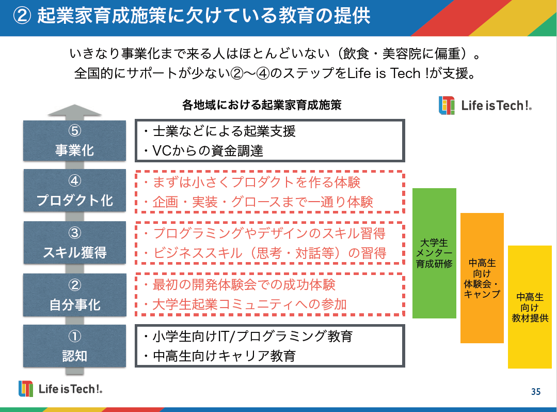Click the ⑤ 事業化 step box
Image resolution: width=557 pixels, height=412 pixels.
pos(74,140)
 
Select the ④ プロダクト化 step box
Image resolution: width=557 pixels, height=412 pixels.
pos(74,190)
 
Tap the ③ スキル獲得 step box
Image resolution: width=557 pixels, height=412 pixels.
pos(74,242)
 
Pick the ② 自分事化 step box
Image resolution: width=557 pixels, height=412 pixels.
pos(74,295)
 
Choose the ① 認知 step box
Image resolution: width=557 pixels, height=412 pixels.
pos(74,346)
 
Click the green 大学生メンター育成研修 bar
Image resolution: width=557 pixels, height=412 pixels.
pos(434,253)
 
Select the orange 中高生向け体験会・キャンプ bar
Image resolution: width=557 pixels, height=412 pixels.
pos(482,278)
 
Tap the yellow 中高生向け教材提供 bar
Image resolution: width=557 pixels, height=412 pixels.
pos(530,307)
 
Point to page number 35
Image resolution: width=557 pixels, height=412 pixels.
pos(536,392)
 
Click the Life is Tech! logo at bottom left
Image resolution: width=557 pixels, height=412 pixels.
pos(61,389)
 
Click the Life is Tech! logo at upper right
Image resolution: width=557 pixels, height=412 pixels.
pos(485,105)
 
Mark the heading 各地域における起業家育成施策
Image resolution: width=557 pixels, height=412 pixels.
pos(262,105)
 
